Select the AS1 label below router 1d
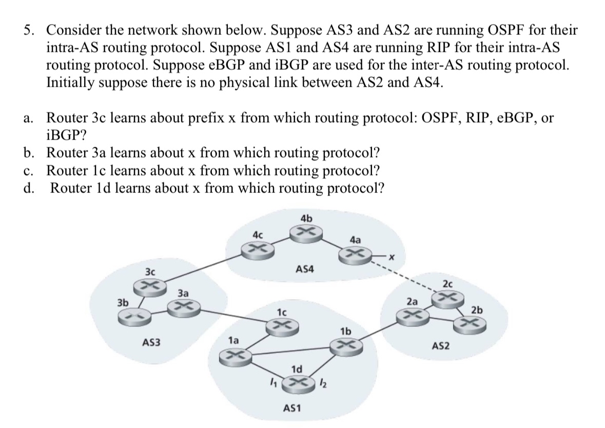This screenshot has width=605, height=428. pos(292,408)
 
